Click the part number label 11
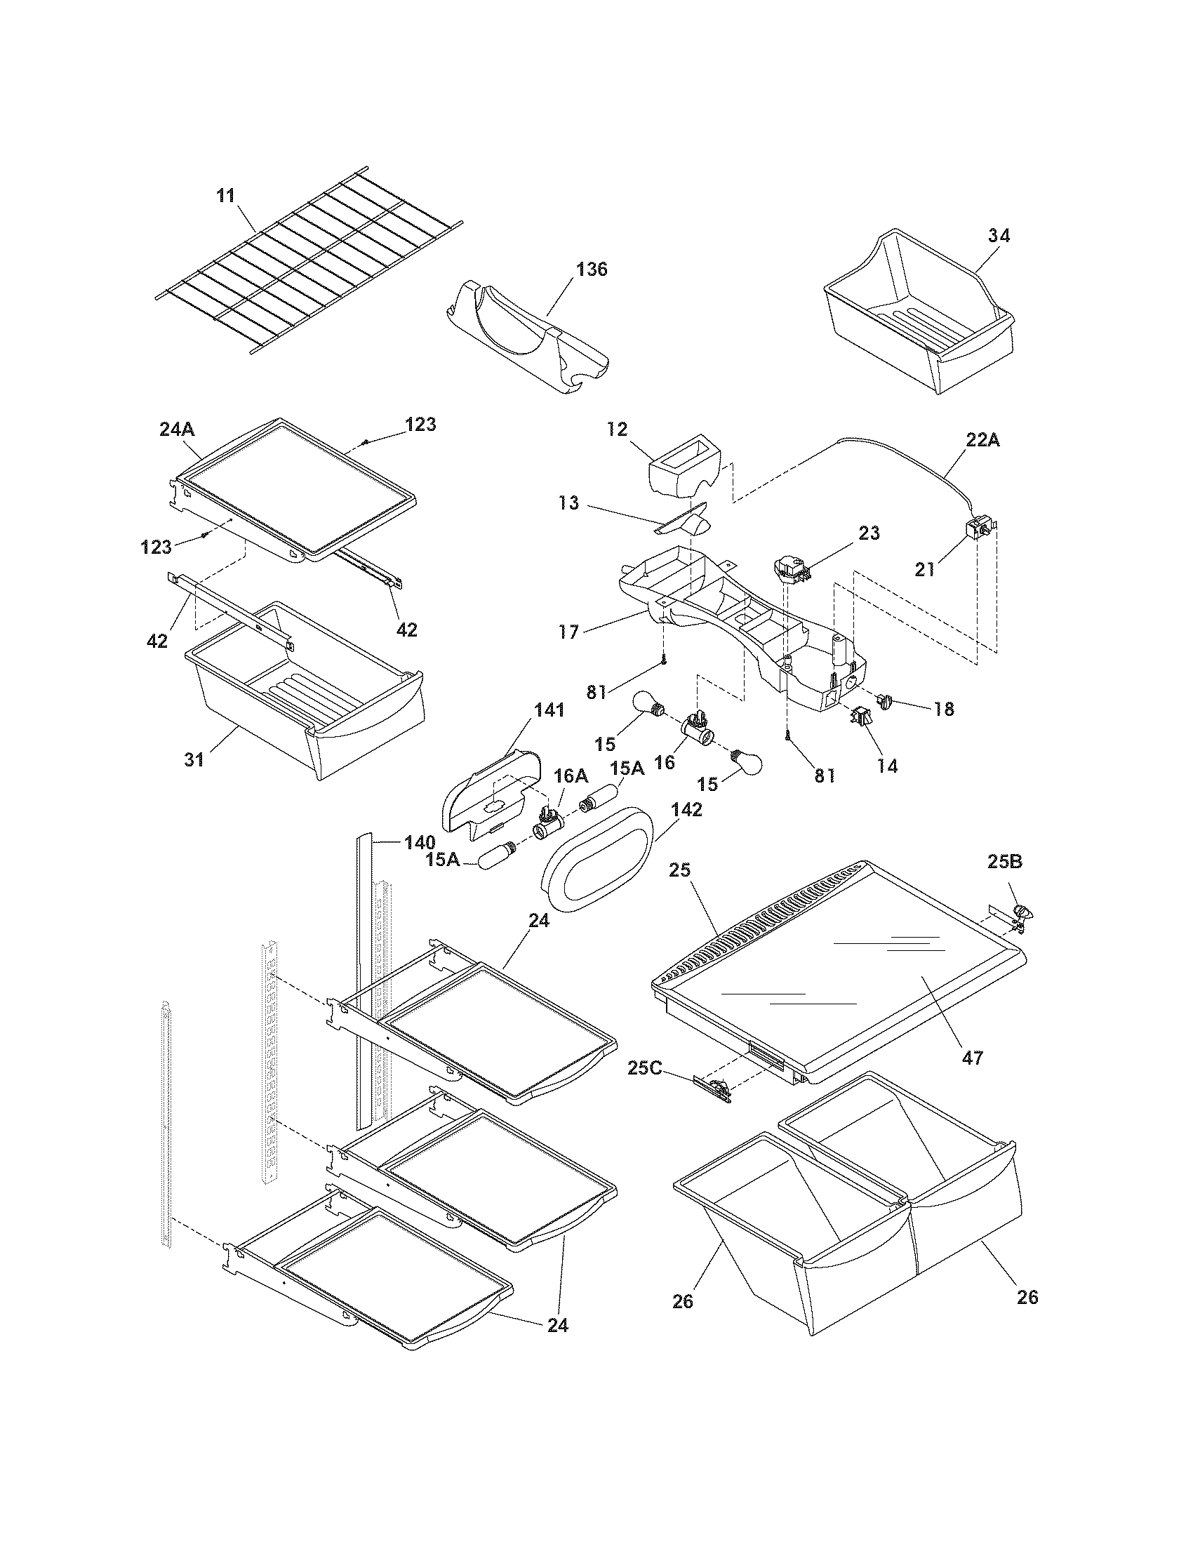click(x=225, y=195)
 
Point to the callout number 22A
click(x=983, y=440)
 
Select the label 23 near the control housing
click(x=869, y=533)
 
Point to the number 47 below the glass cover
click(x=973, y=1058)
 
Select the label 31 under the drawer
click(x=194, y=759)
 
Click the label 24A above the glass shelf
click(x=178, y=429)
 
